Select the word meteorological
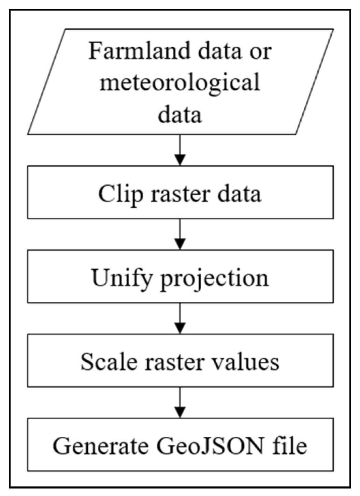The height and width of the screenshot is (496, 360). coord(180,82)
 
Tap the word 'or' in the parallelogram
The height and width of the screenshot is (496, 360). coord(262,52)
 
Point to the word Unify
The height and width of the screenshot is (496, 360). coord(122,278)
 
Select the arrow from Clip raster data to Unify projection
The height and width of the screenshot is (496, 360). coord(180,235)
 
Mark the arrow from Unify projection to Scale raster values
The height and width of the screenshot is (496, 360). coord(180,319)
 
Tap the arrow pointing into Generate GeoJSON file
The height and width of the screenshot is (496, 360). coord(180,403)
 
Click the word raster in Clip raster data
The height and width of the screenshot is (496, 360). coord(180,194)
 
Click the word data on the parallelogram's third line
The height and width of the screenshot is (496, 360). coord(180,114)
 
